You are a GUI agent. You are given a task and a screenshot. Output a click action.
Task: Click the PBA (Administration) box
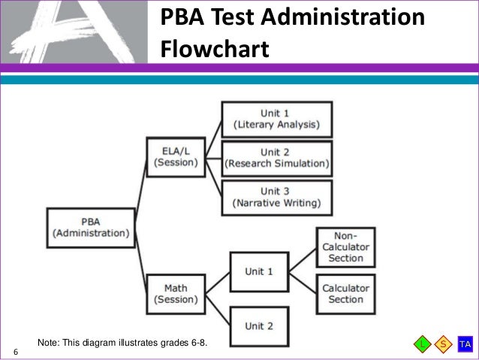[x=90, y=227]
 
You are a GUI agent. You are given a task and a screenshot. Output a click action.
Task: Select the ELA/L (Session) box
[x=175, y=156]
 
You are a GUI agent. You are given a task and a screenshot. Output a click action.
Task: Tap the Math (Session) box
[x=175, y=294]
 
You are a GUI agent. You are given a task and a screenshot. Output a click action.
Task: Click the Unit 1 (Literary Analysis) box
[x=276, y=118]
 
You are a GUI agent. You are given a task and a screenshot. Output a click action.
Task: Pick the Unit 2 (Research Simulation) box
[x=276, y=158]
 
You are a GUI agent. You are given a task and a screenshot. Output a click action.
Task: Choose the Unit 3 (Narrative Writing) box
[x=276, y=198]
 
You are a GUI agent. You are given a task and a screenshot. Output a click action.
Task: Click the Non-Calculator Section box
[x=345, y=246]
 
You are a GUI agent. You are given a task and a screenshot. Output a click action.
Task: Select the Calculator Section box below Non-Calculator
[x=345, y=294]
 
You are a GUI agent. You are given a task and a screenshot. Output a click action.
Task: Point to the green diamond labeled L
[x=423, y=344]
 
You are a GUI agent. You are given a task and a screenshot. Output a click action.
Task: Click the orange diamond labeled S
[x=443, y=344]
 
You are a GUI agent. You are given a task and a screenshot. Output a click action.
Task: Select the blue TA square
[x=465, y=344]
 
